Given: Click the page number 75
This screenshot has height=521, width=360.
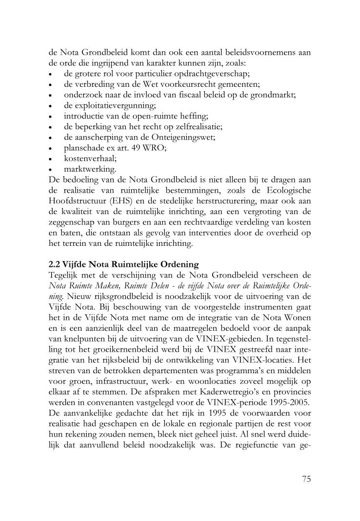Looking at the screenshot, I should pos(306,479).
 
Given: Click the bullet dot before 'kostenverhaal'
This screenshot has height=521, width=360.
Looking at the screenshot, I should pos(51,160).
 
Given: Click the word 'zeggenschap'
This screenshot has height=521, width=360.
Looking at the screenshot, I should pos(73,222).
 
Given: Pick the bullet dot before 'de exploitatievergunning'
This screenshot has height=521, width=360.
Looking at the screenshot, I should pos(51,106).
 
